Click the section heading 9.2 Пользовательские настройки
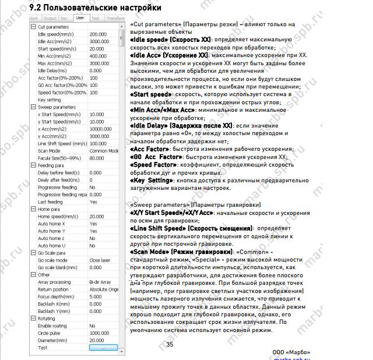pos(95,8)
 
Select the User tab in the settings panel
pos(79,18)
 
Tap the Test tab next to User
pos(95,18)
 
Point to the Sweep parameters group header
pos(57,107)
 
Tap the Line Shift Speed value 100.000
pos(98,143)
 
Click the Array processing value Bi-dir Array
pos(101,282)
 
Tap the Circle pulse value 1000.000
pos(98,333)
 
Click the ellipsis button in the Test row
pos(103,347)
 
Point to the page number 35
pos(170,344)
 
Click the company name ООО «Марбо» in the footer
pos(291,352)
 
